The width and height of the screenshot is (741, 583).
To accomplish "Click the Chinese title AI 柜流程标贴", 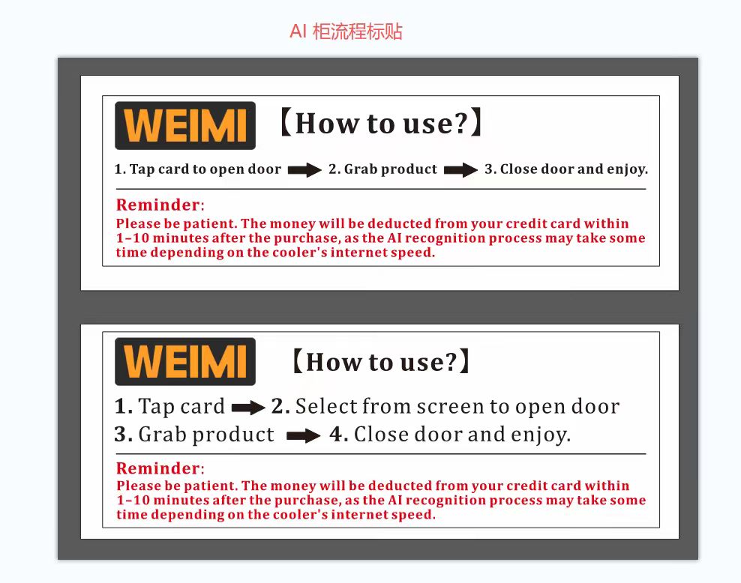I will pos(346,31).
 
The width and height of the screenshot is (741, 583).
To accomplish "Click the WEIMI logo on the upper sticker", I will pos(184,125).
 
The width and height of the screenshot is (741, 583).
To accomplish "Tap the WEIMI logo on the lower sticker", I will pos(184,361).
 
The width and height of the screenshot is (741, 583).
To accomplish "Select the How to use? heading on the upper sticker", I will pos(380,123).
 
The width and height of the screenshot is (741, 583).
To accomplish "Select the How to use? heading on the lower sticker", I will pos(381,362).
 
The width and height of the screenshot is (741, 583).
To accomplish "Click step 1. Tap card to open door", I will pos(197,169).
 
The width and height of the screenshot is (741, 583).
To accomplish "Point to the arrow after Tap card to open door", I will pos(304,170).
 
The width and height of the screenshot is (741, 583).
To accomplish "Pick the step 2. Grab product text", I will pos(382,169).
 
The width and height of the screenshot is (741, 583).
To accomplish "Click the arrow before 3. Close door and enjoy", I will pos(460,170).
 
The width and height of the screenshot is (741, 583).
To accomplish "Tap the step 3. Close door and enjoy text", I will pos(565,169).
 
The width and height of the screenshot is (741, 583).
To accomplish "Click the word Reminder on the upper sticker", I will pos(157,205).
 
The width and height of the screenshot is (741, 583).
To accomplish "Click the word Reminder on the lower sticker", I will pos(157,468).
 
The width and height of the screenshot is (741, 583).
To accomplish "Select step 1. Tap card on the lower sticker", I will pos(169,407).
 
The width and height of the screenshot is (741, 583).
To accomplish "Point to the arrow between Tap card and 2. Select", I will pos(248,408).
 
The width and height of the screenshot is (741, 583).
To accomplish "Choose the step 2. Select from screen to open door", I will pos(445,407).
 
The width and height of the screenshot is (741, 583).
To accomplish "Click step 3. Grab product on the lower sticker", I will pos(194,435).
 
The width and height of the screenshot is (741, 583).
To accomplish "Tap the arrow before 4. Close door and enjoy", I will pos(304,436).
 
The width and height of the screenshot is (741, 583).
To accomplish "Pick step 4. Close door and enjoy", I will pos(450,435).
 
